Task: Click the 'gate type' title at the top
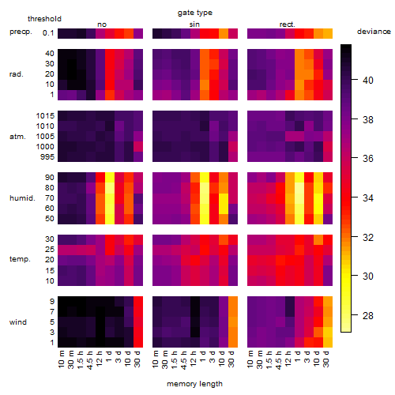point(195,13)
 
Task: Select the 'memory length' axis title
point(194,384)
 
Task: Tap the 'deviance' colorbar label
point(374,32)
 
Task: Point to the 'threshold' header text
point(44,19)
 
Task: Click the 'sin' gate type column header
point(194,24)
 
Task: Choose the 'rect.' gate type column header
point(288,24)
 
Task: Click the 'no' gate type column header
point(102,24)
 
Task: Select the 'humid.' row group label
point(22,198)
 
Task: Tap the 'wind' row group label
point(18,322)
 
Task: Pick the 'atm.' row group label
point(17,137)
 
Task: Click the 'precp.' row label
point(21,32)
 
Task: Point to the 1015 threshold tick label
point(45,116)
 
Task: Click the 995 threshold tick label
point(47,157)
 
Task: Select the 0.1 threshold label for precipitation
point(48,33)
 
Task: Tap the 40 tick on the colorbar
point(368,80)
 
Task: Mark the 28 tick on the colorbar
point(368,315)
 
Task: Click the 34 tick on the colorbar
point(368,197)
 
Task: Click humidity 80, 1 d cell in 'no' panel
point(110,188)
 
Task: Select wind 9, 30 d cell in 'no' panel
point(138,302)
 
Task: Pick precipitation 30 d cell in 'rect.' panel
point(328,33)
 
